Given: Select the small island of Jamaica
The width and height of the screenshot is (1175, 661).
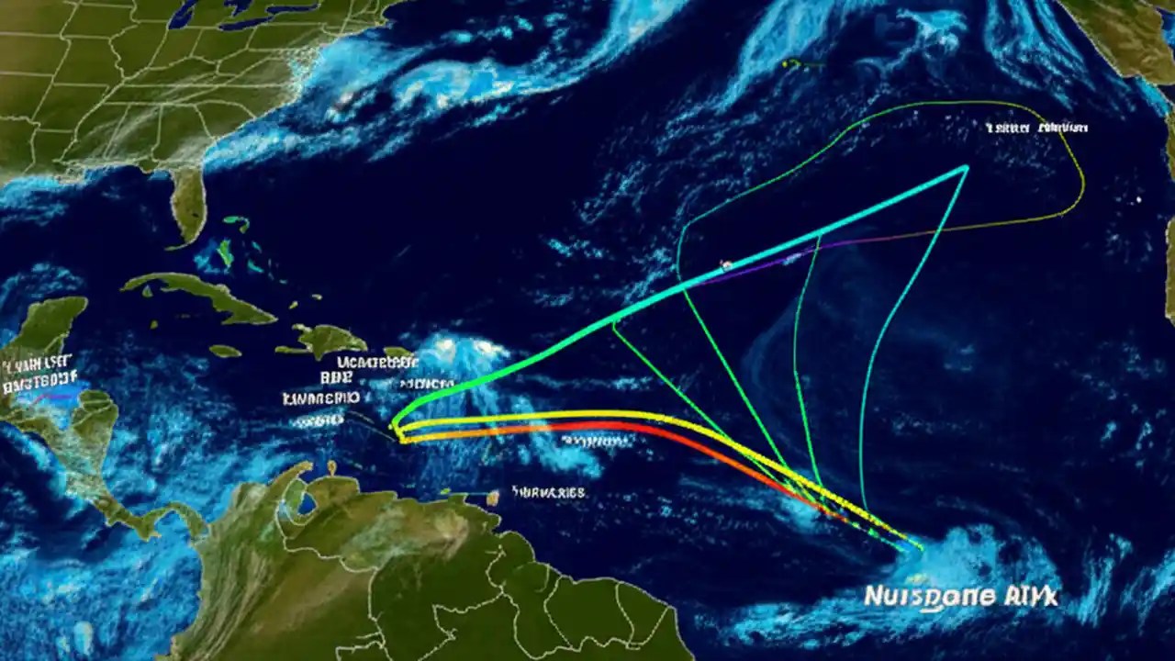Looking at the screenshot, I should pos(225,351).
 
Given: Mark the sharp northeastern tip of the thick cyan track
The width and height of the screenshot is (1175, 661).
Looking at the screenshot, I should pos(966,167).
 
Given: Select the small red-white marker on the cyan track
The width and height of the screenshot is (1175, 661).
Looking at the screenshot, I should pos(726,265).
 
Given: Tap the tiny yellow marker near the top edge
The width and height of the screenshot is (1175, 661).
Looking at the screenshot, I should pos(789,63).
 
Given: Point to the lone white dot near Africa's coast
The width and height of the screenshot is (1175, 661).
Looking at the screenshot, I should pos(1139,198).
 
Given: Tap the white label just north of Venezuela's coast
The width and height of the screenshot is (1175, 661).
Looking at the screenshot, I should pos(548,493).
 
